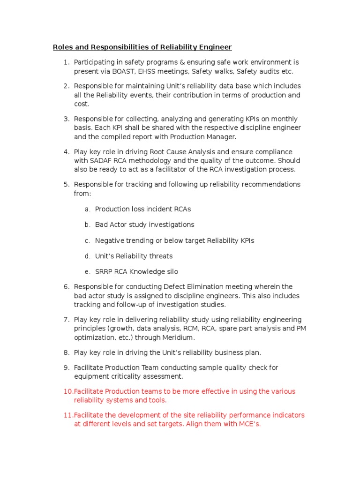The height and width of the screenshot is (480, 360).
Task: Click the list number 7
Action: [66, 320]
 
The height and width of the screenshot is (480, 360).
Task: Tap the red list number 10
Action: [68, 391]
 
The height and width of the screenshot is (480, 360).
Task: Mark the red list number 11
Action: [68, 415]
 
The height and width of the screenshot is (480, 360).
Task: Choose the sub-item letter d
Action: [87, 256]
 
